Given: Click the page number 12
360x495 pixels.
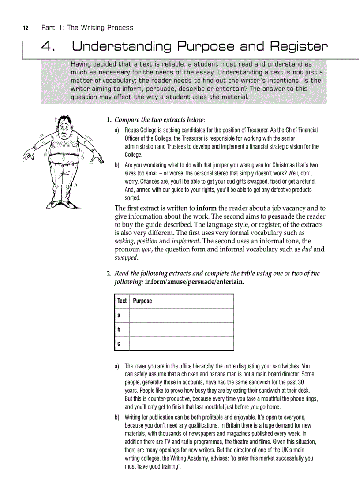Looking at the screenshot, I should [25, 28].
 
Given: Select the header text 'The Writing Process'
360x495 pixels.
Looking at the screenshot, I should [100, 28].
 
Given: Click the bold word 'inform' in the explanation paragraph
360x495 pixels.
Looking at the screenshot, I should [206, 208].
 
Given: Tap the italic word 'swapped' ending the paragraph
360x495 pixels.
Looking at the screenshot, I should [126, 258].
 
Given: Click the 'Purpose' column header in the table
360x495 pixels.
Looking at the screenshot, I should [142, 301].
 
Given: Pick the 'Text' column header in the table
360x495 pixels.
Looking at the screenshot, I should [122, 301].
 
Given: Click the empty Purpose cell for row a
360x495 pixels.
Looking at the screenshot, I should [182, 315].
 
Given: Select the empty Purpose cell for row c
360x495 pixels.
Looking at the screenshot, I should [182, 343].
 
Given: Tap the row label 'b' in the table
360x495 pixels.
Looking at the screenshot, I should [119, 329].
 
